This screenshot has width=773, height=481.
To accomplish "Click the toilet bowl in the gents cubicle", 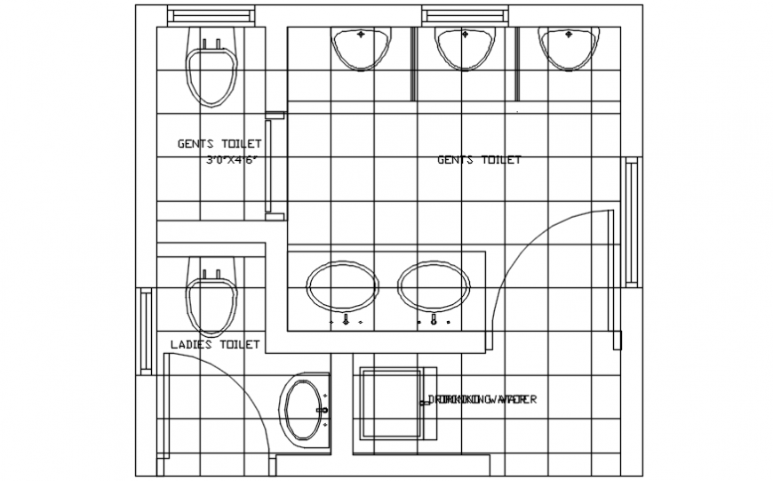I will (211, 71).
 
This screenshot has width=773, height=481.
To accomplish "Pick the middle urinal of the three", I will (464, 48).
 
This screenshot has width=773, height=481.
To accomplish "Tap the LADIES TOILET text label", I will (215, 344).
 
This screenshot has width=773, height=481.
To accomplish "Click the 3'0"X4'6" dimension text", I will (232, 161).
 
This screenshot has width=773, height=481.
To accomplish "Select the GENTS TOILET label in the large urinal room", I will (479, 160).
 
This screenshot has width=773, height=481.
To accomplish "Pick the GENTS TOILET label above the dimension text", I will (219, 143).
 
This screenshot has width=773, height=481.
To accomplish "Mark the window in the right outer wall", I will (632, 221).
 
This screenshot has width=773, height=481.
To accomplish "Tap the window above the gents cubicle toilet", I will (211, 17).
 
